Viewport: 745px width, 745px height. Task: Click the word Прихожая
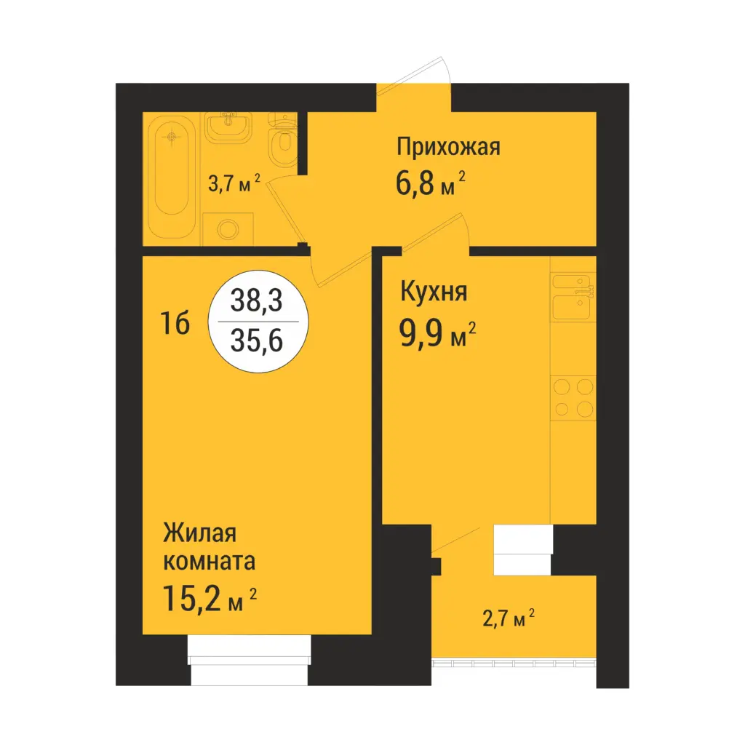[x=448, y=147]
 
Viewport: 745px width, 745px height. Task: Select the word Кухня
[x=434, y=291]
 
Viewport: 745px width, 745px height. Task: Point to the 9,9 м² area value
[x=437, y=334]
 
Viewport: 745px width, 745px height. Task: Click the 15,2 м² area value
[x=210, y=598]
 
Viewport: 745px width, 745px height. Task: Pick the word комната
[x=210, y=561]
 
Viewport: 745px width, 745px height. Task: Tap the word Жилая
[x=200, y=533]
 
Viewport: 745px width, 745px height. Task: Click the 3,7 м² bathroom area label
[x=234, y=183]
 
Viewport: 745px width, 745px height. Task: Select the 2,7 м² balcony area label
[x=509, y=618]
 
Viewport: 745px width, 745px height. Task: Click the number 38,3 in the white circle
[x=257, y=300]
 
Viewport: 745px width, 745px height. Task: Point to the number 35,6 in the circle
[x=257, y=340]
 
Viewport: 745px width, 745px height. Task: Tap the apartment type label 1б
[x=175, y=323]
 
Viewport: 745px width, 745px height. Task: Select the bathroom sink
[x=228, y=127]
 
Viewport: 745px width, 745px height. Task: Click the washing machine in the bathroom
[x=228, y=229]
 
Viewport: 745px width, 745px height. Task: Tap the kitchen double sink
[x=573, y=297]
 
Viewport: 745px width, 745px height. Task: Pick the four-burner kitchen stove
[x=573, y=398]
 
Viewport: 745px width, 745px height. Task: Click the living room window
[x=250, y=659]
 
